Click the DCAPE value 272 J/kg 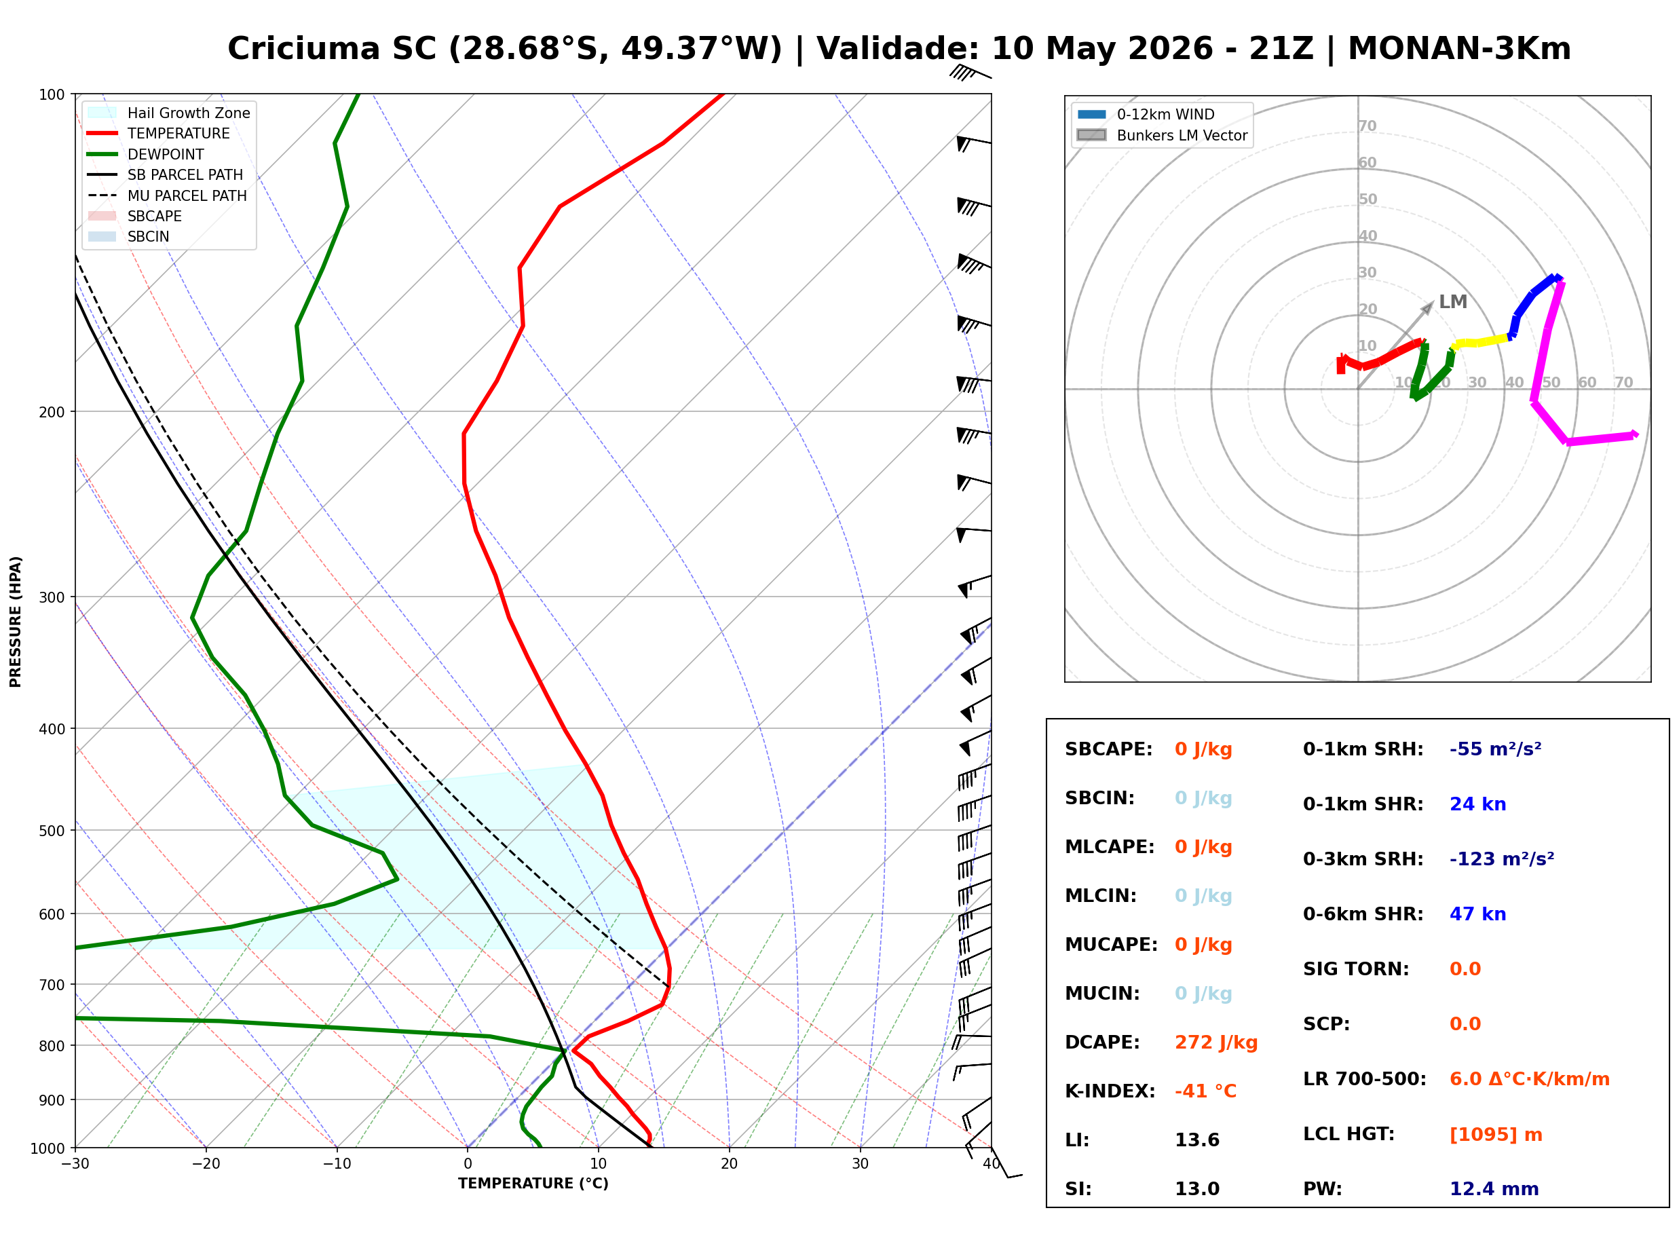(x=1215, y=1042)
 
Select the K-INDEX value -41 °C (x=1205, y=1091)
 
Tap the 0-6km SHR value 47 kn (x=1477, y=914)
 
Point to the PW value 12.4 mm (x=1493, y=1189)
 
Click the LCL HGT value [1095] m (x=1496, y=1135)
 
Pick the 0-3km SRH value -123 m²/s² (x=1502, y=859)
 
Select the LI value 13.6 (x=1196, y=1140)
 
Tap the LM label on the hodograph (x=1453, y=302)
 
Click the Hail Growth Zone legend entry (x=169, y=113)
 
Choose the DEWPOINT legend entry (x=146, y=154)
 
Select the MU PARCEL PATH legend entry (x=167, y=195)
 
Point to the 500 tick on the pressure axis (x=54, y=831)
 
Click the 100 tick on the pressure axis (x=54, y=95)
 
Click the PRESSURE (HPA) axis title (x=16, y=622)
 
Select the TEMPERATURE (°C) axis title (x=533, y=1184)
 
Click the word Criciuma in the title (x=305, y=49)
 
